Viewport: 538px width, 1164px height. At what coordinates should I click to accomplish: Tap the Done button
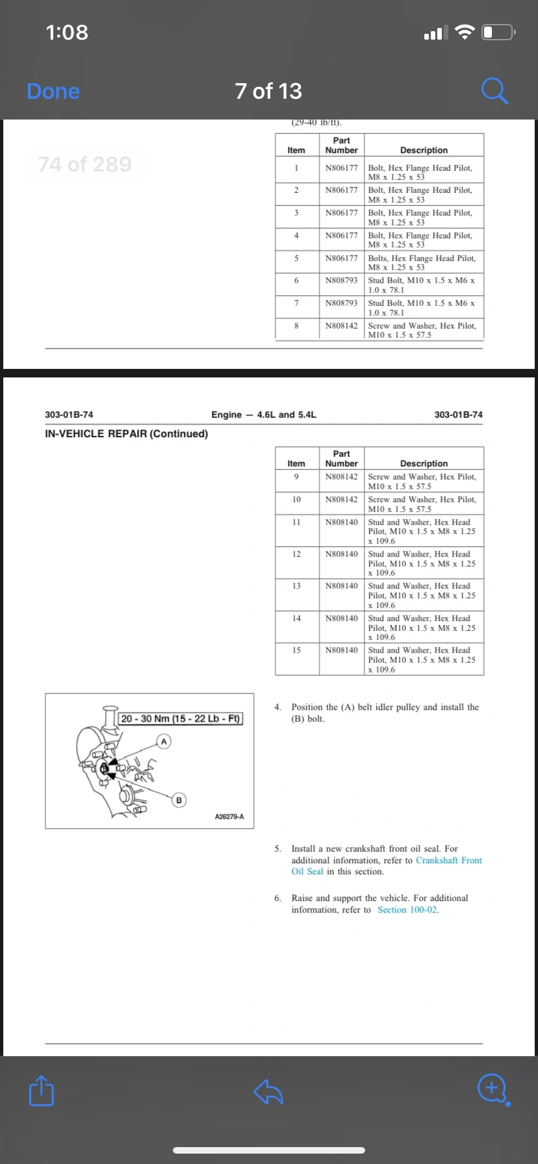click(x=53, y=92)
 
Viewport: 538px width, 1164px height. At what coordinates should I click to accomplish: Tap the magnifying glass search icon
click(x=494, y=91)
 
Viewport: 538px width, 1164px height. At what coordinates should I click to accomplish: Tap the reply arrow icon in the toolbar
click(x=268, y=1091)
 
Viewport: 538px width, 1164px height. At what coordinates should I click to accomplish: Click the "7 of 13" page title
click(x=268, y=91)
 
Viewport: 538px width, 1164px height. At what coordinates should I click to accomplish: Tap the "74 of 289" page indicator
click(x=84, y=164)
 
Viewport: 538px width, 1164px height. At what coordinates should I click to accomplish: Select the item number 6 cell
click(x=296, y=281)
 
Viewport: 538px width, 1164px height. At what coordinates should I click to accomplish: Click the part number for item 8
click(x=341, y=326)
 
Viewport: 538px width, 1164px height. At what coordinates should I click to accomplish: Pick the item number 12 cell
click(x=296, y=554)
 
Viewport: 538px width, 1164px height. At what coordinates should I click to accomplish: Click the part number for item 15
click(x=341, y=650)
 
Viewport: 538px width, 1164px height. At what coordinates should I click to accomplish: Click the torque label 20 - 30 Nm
click(x=181, y=718)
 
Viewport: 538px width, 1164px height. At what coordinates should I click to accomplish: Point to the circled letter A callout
click(x=164, y=741)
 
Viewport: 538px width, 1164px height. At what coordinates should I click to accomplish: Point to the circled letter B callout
click(x=179, y=800)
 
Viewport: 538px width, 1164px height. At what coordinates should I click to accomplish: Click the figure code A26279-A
click(x=229, y=816)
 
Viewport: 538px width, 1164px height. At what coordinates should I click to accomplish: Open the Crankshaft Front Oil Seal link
click(x=387, y=866)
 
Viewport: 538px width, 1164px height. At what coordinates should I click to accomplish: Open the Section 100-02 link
click(x=407, y=910)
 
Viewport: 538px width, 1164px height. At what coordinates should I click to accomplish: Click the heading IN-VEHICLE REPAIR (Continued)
click(x=127, y=434)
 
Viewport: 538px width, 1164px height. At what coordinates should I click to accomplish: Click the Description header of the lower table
click(x=424, y=464)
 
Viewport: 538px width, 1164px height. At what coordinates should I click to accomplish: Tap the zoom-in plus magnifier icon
click(x=493, y=1089)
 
